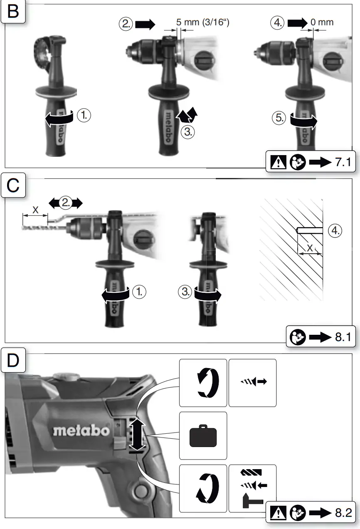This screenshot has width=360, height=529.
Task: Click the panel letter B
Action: click(13, 12)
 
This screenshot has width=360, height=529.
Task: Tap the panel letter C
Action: click(13, 185)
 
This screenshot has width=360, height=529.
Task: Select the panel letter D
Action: click(13, 361)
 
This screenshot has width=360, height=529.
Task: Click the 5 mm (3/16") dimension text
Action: click(202, 22)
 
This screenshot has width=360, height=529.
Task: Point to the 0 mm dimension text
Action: click(322, 22)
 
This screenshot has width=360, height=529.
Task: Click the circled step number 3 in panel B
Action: click(188, 132)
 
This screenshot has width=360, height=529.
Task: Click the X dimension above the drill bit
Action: click(35, 210)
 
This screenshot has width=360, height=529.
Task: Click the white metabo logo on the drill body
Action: click(81, 430)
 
